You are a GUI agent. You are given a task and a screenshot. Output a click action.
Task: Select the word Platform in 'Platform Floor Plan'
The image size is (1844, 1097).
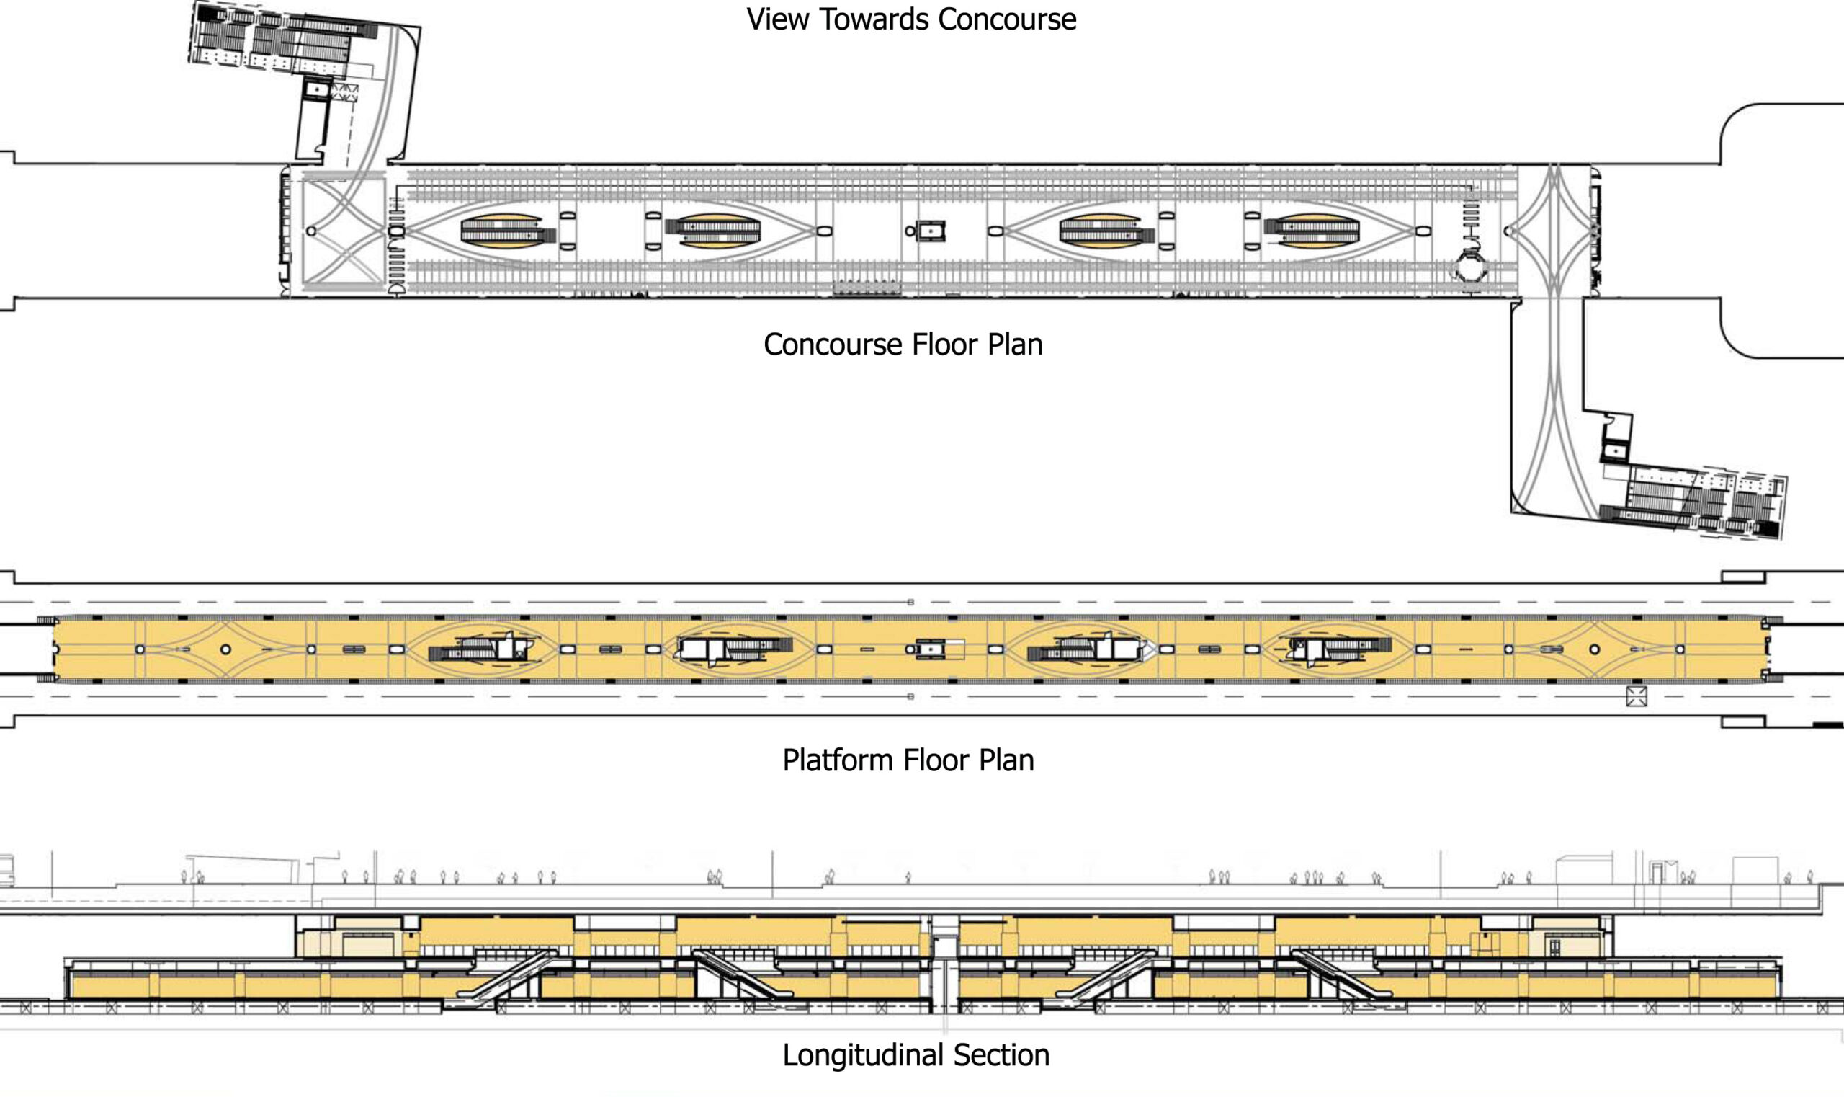838,760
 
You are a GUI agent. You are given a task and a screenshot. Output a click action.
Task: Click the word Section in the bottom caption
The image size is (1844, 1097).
1001,1055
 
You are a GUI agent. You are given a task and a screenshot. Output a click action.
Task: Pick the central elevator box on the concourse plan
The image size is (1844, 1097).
931,231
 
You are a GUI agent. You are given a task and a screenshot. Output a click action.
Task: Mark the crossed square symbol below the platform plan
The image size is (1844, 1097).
1637,696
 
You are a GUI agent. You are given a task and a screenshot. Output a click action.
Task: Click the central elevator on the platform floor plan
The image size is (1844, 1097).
931,649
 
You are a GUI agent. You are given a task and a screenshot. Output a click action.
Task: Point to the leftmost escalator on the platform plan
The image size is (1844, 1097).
482,649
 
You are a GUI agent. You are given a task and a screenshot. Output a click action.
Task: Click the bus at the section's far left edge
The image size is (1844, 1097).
6,871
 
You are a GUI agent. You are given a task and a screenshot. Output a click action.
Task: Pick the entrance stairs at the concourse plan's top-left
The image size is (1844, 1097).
285,40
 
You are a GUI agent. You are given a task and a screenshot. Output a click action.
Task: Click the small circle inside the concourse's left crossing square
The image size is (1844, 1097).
311,231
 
